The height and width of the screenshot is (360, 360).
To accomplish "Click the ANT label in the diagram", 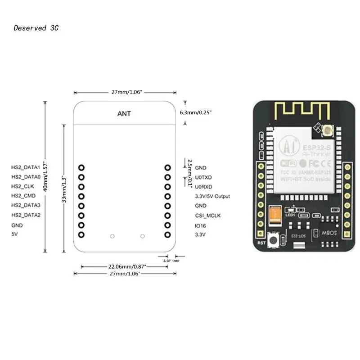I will coord(124,114).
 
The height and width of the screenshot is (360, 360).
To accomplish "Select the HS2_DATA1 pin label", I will coord(26,167).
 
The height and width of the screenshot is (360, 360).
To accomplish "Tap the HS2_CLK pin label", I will coord(23,186).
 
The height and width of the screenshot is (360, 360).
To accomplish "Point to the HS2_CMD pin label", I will coord(23,196).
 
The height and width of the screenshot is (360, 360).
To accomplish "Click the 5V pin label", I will coord(14,234).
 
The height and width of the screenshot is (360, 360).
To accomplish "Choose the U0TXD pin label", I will coord(203,177).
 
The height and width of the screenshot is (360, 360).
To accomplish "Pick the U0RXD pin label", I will coord(203,187).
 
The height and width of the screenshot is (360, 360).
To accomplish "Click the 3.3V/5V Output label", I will coord(212,197).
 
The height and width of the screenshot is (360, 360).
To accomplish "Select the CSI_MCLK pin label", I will coord(208,216).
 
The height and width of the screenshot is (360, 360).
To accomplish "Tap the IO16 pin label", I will coord(201,225).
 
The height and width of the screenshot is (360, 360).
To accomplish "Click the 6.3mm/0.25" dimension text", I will coord(196,112).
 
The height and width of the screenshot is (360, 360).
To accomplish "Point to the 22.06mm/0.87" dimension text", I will coord(124,266).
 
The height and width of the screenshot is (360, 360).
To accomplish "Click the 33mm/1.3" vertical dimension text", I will coord(64,189).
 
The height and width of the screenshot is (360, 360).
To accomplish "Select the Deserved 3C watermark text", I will coord(36,28).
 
